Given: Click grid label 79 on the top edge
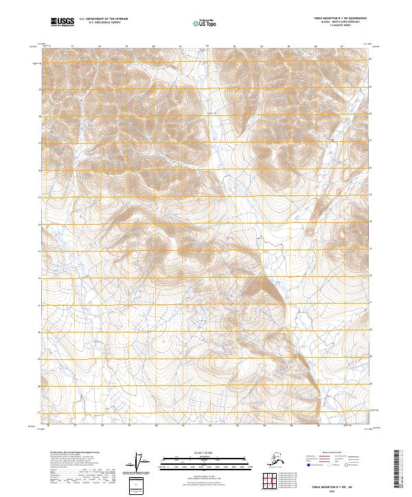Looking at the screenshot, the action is coord(128,47).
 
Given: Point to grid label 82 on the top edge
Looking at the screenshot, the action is coord(207,46).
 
